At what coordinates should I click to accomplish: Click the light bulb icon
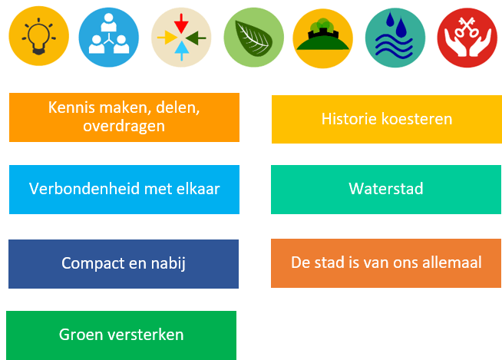click(38, 36)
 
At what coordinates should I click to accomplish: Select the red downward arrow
click(181, 23)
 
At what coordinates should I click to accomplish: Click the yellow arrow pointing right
click(167, 38)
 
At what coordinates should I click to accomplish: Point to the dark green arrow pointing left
click(196, 38)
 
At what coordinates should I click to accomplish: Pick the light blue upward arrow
click(181, 51)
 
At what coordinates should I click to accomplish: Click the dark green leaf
click(253, 38)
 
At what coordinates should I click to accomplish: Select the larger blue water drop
click(401, 27)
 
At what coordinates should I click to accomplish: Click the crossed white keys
click(467, 28)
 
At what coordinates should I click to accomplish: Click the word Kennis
click(71, 107)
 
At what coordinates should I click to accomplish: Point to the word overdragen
click(124, 126)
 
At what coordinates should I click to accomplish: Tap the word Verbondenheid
click(84, 189)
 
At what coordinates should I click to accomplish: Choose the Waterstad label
click(386, 189)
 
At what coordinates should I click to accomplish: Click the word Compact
click(93, 263)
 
